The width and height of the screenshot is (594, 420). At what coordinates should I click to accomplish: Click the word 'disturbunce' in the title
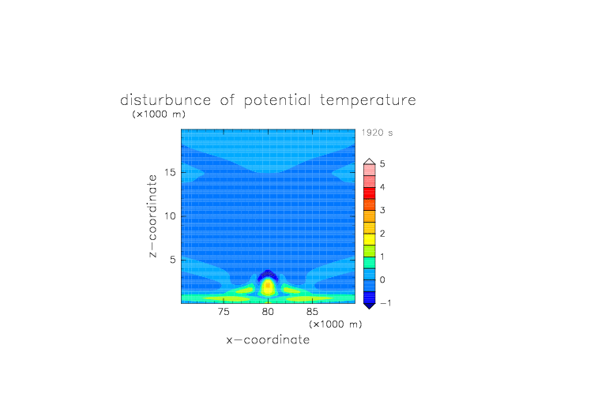pyautogui.click(x=165, y=100)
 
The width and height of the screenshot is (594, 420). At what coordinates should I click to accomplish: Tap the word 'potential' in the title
pyautogui.click(x=277, y=101)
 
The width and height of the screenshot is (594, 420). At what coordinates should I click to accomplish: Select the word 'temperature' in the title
pyautogui.click(x=368, y=101)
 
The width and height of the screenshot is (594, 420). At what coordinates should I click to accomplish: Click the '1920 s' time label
pyautogui.click(x=377, y=133)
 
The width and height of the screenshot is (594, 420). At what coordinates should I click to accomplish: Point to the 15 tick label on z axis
pyautogui.click(x=170, y=172)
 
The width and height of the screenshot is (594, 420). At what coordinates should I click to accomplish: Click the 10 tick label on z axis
pyautogui.click(x=170, y=216)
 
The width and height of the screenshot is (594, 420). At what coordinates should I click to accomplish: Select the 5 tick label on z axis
pyautogui.click(x=173, y=260)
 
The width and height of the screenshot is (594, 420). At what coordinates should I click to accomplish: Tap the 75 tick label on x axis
pyautogui.click(x=224, y=312)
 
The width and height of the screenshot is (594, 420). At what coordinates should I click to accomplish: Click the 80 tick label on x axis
pyautogui.click(x=268, y=312)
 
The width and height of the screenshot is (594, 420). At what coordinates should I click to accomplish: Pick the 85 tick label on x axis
pyautogui.click(x=312, y=312)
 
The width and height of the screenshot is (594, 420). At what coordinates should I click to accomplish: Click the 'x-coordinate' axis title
pyautogui.click(x=268, y=339)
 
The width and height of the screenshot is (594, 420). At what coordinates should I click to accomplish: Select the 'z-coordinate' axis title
pyautogui.click(x=152, y=216)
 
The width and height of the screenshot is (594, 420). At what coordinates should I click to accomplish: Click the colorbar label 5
pyautogui.click(x=382, y=164)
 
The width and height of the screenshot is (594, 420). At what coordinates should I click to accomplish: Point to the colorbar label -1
pyautogui.click(x=385, y=303)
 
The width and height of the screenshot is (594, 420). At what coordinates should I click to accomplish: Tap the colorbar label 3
pyautogui.click(x=382, y=210)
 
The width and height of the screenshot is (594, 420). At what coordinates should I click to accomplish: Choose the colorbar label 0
pyautogui.click(x=382, y=280)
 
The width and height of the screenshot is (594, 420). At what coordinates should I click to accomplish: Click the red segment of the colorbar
pyautogui.click(x=370, y=193)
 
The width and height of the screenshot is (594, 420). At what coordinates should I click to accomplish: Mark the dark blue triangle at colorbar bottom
pyautogui.click(x=370, y=306)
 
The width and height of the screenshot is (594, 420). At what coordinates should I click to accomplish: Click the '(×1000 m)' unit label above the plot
pyautogui.click(x=159, y=114)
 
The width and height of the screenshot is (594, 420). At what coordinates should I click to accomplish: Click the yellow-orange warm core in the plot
pyautogui.click(x=268, y=286)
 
